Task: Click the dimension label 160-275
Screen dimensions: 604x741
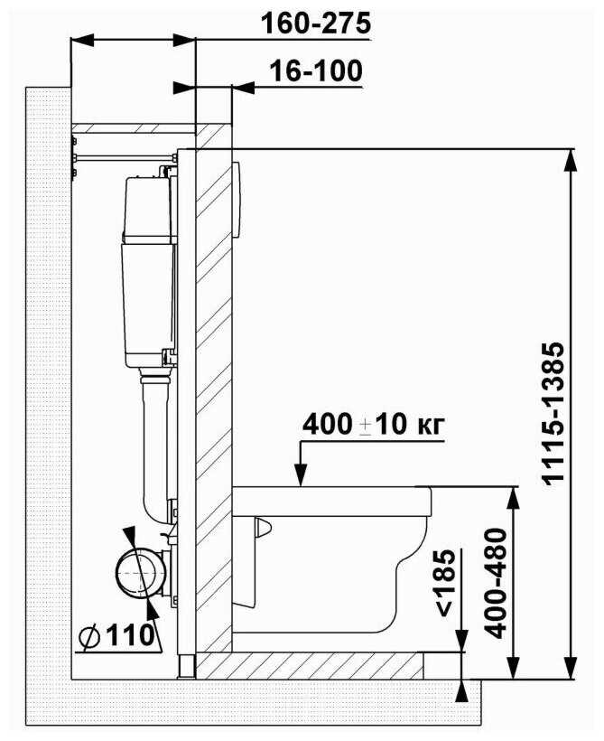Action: pos(315,23)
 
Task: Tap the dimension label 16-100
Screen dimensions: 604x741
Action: pos(315,70)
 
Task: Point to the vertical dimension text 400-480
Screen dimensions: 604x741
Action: pos(496,583)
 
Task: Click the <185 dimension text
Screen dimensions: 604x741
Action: pos(446,583)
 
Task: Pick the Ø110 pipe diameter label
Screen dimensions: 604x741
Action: pos(116,635)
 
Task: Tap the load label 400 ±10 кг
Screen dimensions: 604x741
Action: pos(373,425)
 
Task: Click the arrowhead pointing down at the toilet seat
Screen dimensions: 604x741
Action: pos(301,474)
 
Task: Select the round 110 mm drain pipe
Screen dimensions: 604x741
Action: pos(141,572)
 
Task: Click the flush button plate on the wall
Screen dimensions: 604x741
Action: pos(237,200)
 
